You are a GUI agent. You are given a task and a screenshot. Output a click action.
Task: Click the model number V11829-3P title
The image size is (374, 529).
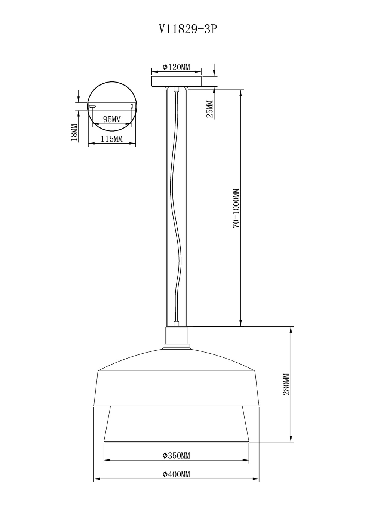(x=188, y=29)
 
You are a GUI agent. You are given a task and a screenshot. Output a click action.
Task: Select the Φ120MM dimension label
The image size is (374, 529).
(x=176, y=67)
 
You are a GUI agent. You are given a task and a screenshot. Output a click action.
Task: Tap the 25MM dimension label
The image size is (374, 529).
(x=210, y=109)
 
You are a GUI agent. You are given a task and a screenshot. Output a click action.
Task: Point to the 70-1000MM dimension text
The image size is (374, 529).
(x=236, y=208)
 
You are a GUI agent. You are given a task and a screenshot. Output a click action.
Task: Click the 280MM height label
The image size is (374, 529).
(x=287, y=384)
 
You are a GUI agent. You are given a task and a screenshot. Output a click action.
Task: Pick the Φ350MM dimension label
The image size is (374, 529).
(x=176, y=455)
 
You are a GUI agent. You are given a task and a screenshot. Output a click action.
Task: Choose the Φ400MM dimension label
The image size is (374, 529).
(x=176, y=474)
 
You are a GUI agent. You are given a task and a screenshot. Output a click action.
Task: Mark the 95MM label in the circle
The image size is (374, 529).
(x=112, y=119)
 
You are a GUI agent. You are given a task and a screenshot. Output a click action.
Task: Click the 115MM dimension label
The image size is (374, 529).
(x=112, y=139)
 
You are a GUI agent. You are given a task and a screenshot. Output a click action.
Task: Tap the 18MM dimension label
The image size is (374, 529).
(x=74, y=133)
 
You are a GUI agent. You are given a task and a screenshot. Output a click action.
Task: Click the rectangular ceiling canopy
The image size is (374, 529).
(x=176, y=81)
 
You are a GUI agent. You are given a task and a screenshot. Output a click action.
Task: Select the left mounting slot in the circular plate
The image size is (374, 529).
(x=92, y=107)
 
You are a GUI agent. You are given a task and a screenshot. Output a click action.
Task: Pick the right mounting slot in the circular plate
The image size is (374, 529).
(x=131, y=107)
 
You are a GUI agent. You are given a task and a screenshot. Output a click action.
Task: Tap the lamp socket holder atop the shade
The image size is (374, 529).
(x=176, y=335)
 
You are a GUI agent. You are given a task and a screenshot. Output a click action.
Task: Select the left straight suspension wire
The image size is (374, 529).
(x=166, y=206)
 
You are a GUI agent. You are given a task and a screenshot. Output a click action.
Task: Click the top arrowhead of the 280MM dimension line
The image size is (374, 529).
(x=291, y=330)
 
